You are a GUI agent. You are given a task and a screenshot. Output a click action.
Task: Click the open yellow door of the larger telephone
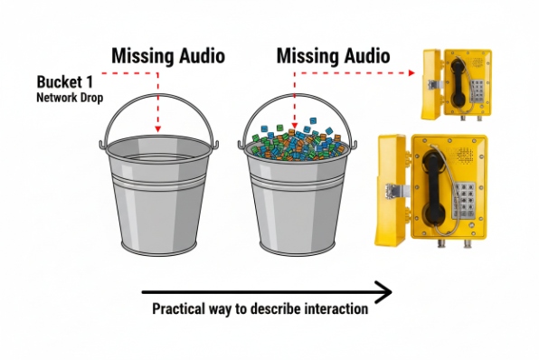click(x=391, y=190)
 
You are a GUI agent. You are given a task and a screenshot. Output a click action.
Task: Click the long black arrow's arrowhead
click(x=383, y=292)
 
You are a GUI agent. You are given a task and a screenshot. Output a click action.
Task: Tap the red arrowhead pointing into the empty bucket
click(x=158, y=129)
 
